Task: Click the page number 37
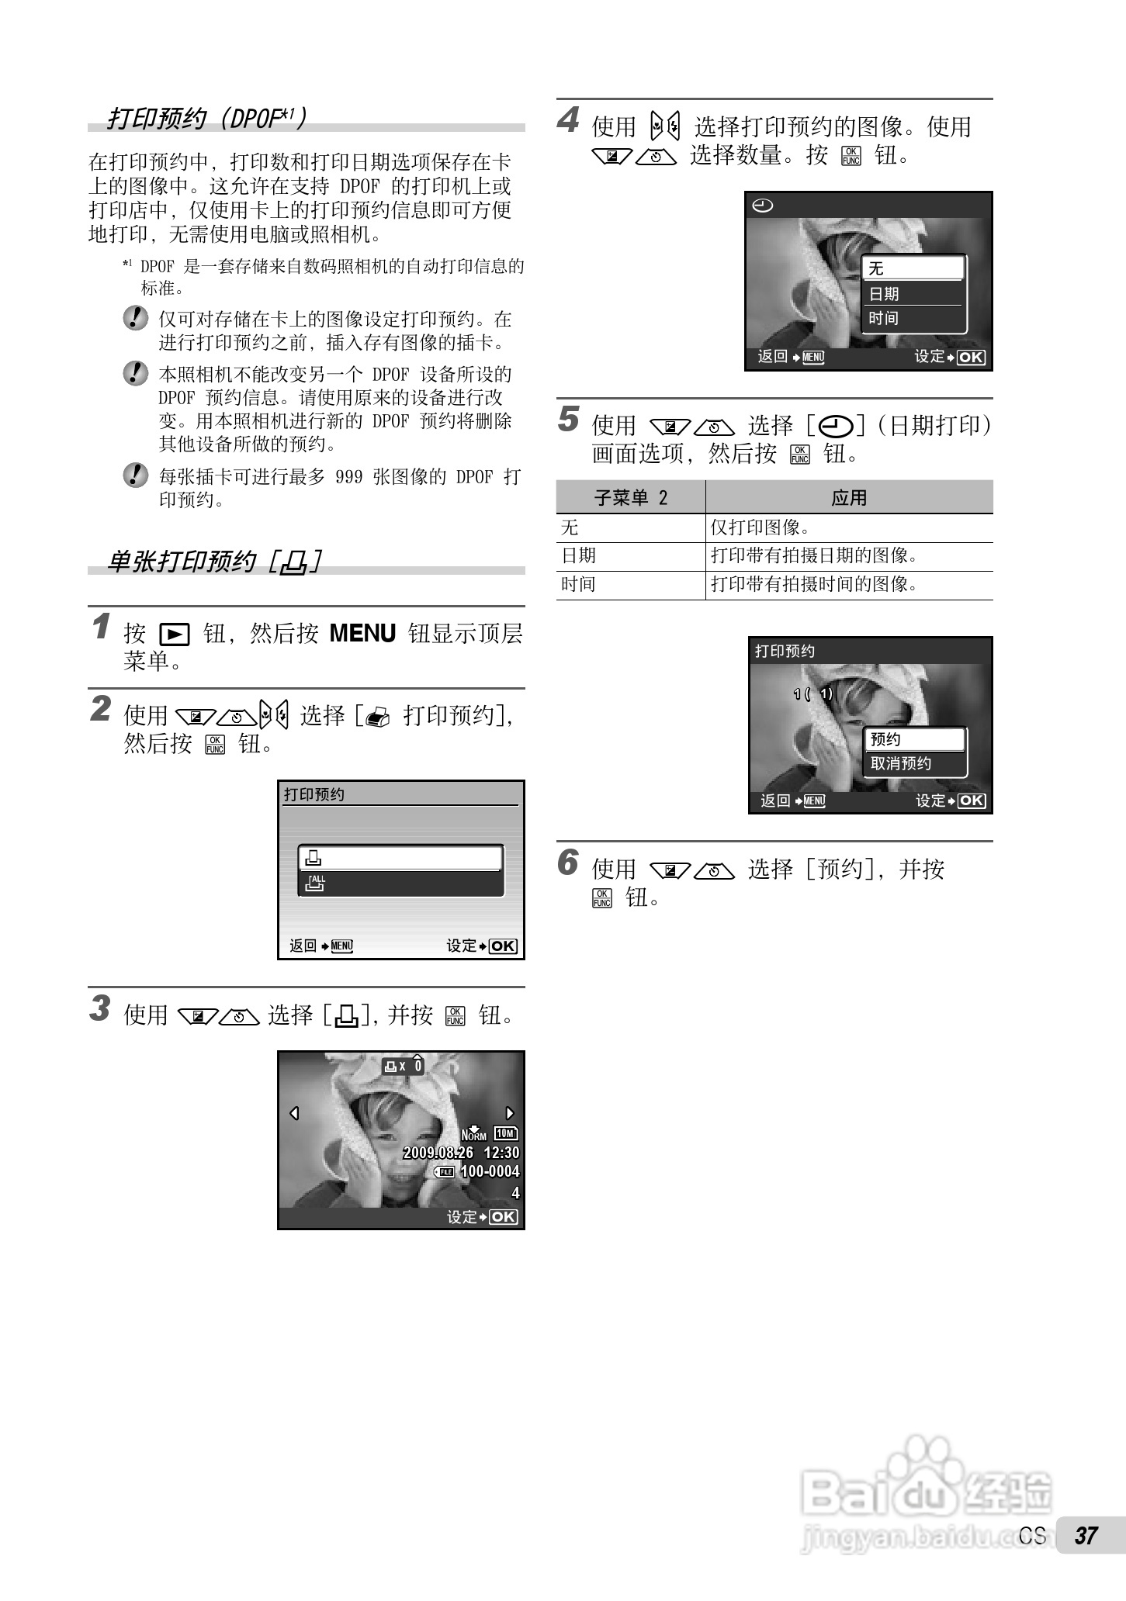[x=1086, y=1535]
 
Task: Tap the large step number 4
[x=568, y=120]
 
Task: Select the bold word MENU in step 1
[x=362, y=633]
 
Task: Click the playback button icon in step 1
[x=175, y=635]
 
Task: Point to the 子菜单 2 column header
[x=631, y=497]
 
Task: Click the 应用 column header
[x=849, y=497]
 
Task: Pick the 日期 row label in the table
[x=578, y=555]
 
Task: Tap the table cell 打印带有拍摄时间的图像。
[x=814, y=584]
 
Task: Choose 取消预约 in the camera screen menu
[x=900, y=763]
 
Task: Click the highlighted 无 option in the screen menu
[x=876, y=268]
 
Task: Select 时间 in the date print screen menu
[x=883, y=318]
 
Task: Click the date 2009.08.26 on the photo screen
[x=438, y=1153]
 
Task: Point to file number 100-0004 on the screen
[x=490, y=1171]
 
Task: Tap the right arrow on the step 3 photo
[x=510, y=1113]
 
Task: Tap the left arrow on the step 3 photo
[x=294, y=1113]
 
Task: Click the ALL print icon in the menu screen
[x=316, y=883]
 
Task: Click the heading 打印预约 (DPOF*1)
[x=206, y=118]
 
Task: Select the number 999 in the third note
[x=348, y=476]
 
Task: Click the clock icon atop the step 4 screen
[x=763, y=206]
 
